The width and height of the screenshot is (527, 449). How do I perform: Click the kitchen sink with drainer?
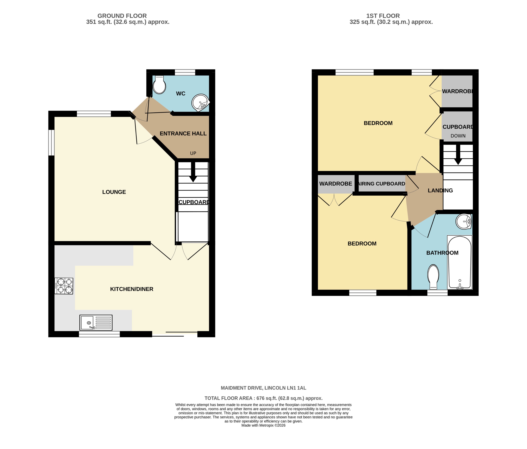[96, 322]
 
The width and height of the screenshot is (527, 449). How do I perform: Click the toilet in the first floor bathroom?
[433, 277]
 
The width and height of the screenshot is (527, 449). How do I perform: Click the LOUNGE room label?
[114, 192]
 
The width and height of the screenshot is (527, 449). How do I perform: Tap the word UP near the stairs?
[193, 153]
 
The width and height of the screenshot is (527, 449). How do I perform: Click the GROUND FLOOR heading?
[122, 16]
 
